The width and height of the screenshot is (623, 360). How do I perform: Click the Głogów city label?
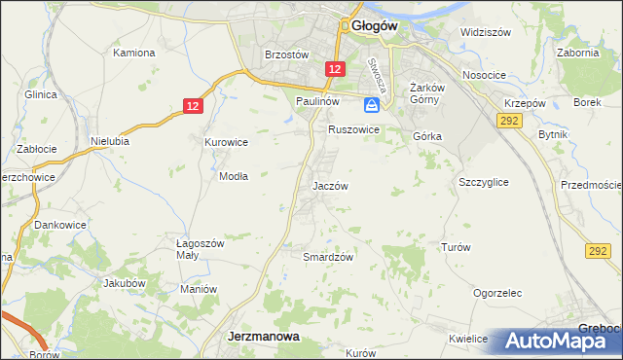click(x=374, y=27)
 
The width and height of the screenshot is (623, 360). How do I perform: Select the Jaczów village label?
click(x=329, y=185)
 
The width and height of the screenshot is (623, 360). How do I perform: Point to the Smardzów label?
click(x=327, y=257)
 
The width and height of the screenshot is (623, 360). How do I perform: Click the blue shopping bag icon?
click(x=371, y=104)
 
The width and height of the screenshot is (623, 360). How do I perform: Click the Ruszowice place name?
click(x=352, y=128)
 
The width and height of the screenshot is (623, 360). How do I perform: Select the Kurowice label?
click(x=226, y=142)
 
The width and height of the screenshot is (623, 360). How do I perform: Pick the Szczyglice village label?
click(x=483, y=182)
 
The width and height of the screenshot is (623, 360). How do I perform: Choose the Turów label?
click(x=456, y=247)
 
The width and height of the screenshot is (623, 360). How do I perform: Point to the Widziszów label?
click(x=486, y=32)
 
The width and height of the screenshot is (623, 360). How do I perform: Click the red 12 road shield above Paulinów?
click(x=335, y=69)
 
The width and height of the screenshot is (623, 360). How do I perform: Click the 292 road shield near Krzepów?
click(x=507, y=120)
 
